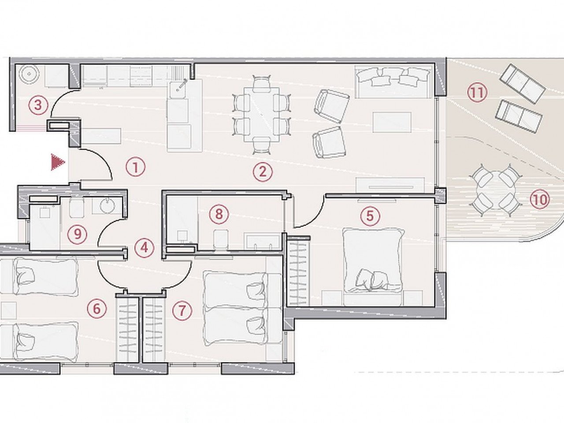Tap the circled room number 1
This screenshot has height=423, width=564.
click(135, 167)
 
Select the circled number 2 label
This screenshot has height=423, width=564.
click(263, 172)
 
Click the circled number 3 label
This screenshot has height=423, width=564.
click(38, 105)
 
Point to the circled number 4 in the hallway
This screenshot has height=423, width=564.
click(145, 248)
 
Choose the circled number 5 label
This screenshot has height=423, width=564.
click(370, 216)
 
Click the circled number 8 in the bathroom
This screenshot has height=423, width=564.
click(219, 215)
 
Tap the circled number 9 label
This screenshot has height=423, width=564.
click(78, 234)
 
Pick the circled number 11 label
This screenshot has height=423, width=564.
click(477, 93)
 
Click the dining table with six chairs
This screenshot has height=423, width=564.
click(262, 115)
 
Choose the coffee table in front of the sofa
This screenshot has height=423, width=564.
click(392, 122)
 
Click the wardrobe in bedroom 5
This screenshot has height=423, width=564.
click(297, 271)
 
